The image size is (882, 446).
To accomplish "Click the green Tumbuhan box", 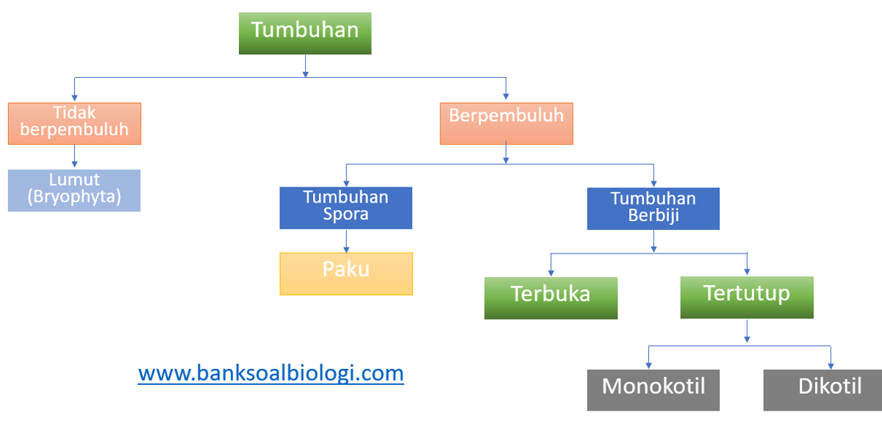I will pos(305,32).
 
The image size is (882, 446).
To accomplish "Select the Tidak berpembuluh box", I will pos(74,123).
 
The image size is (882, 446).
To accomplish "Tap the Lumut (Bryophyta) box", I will pos(74,190).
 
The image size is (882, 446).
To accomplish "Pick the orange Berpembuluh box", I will pos(506,123).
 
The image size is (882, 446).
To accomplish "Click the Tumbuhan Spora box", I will pos(346,207).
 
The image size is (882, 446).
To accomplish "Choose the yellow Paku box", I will pos(346,273).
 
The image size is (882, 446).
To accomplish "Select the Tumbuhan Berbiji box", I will pos(653,208).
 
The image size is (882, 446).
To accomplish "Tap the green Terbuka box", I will pos(551,297).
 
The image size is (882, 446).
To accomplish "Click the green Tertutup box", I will pos(747,297).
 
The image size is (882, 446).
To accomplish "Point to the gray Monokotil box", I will pos(653,389).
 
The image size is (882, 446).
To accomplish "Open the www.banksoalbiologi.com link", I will pos(270,373).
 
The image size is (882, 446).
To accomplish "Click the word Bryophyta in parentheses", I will pos(74,198).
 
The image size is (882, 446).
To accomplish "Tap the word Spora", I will pos(346,215).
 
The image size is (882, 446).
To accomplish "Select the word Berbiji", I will pos(653,216).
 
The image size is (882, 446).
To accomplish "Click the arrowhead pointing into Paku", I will pos(346,249).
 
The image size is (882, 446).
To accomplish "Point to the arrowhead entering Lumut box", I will pos(74,166).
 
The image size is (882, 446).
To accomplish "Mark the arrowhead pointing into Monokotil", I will pos(648,364).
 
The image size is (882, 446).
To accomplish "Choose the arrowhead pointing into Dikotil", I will pos(831,364).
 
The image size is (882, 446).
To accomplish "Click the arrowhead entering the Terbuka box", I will pos(551,273).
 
